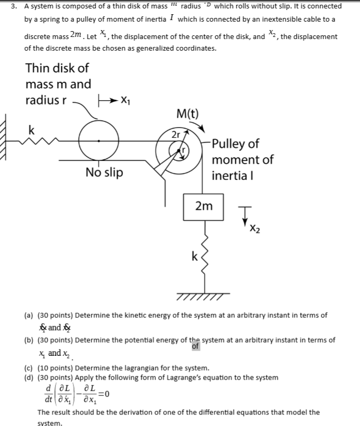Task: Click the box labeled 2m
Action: point(203,206)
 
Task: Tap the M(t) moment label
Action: point(187,113)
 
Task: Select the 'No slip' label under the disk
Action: point(104,172)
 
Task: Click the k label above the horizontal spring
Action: point(32,130)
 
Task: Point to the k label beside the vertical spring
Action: point(194,257)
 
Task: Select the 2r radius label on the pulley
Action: point(175,135)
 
